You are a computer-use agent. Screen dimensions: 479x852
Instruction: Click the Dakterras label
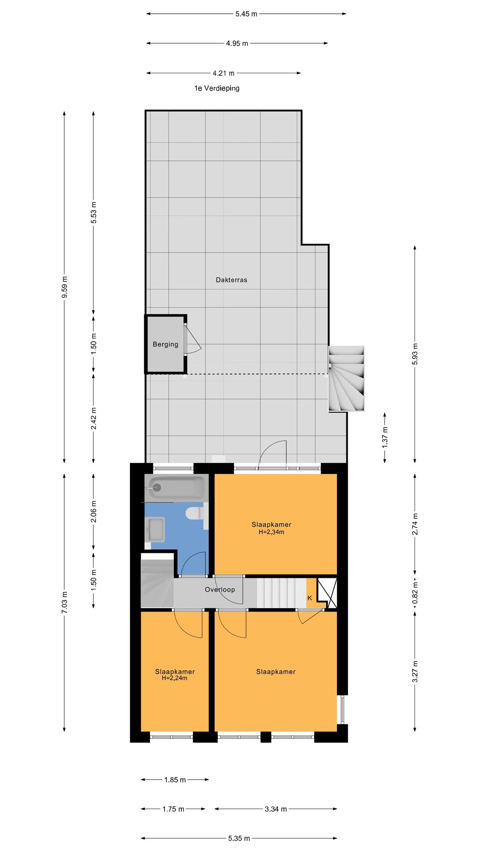pos(231,280)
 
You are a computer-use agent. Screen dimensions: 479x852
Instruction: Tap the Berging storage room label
pos(165,344)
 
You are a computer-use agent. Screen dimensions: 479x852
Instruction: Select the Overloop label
pos(220,589)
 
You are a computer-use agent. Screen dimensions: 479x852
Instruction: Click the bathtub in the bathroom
pos(175,487)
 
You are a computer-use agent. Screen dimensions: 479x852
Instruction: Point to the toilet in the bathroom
pos(194,513)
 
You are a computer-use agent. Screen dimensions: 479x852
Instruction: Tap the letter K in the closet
pos(310,598)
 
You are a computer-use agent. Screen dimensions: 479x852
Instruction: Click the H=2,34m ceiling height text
pos(271,532)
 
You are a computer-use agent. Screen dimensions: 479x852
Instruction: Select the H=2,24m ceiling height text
pos(175,678)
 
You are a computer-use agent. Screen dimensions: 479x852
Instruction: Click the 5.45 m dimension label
pos(246,14)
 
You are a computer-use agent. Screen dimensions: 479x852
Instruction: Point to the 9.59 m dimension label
pos(64,287)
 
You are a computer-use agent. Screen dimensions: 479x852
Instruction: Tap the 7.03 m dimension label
pos(64,602)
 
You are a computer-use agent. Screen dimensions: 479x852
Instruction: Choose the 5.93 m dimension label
pos(415,354)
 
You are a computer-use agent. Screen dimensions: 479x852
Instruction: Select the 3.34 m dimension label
pos(276,809)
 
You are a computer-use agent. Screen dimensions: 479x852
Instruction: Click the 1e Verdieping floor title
pos(217,88)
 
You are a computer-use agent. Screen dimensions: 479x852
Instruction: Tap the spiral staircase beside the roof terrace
pos(346,379)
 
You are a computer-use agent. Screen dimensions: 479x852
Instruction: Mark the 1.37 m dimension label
pos(385,437)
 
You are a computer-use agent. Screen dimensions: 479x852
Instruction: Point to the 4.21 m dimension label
pos(223,73)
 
